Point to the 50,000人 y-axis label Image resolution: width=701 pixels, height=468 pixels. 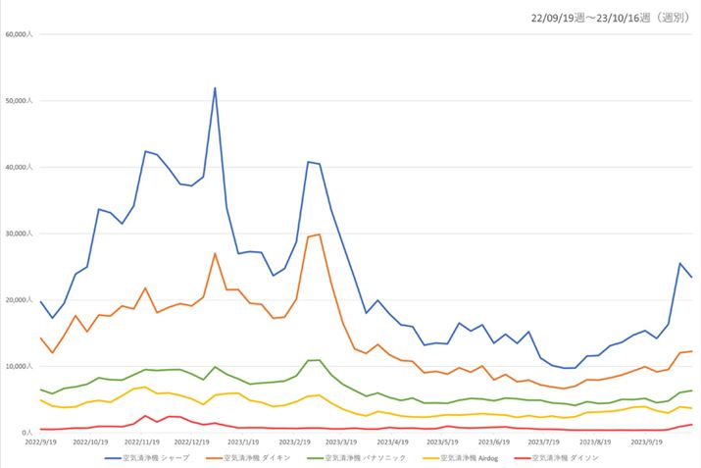tap(20, 101)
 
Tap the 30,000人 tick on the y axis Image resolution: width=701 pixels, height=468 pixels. tap(20, 234)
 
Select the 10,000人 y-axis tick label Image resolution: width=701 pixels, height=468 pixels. tap(20, 366)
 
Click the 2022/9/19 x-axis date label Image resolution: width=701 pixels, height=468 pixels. tap(40, 442)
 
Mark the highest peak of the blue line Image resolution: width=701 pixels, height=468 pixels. tap(215, 88)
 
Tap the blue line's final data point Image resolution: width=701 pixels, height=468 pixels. tap(691, 278)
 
